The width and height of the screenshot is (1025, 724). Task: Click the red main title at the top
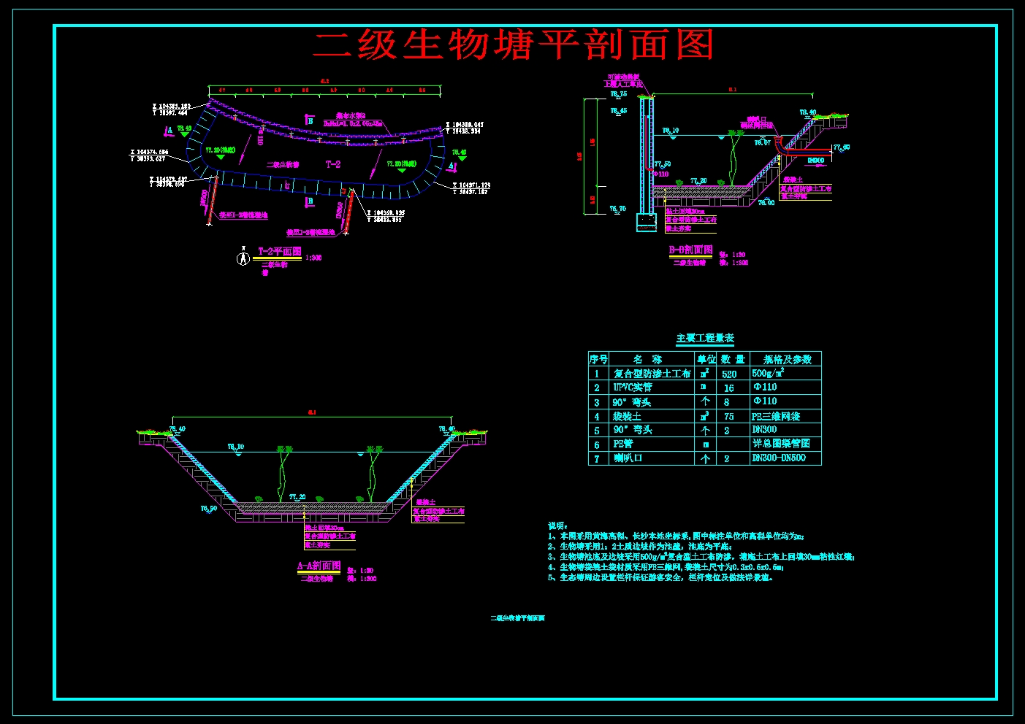tap(513, 45)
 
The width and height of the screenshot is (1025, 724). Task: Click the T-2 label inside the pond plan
tap(333, 164)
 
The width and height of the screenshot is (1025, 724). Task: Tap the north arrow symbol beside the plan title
tap(243, 258)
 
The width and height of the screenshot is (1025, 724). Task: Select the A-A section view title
tap(319, 566)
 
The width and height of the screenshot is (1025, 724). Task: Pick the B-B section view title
tap(690, 250)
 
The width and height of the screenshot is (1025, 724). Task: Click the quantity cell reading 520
tap(729, 374)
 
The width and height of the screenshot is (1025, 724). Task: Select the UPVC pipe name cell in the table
tap(633, 388)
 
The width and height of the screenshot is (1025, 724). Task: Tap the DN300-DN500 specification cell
tap(779, 458)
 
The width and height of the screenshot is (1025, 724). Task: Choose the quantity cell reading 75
tap(728, 416)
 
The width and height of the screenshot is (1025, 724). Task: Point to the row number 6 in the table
tap(597, 444)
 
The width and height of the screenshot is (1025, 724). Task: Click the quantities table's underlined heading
tap(705, 338)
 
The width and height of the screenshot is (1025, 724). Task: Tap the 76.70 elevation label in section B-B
tap(618, 209)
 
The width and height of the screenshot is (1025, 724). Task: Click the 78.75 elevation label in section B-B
tap(619, 94)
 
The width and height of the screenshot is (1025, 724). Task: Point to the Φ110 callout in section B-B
tap(661, 174)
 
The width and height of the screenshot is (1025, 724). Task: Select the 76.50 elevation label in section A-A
tap(209, 509)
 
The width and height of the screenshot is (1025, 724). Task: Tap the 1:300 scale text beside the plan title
tap(313, 258)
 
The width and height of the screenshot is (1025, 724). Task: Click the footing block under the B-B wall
tap(647, 222)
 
